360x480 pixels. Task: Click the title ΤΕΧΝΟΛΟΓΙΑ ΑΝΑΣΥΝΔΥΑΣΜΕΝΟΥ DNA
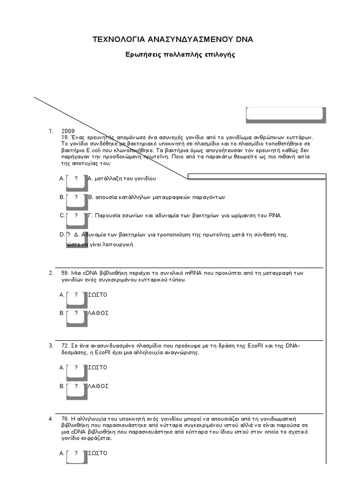tap(173, 39)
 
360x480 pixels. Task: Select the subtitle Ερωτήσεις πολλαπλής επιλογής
tap(180, 55)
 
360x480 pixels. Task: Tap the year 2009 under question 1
tap(68, 131)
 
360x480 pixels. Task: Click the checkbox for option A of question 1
tap(76, 180)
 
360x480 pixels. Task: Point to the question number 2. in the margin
tap(51, 272)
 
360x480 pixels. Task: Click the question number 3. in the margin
tap(51, 345)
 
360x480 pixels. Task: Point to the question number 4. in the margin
tap(51, 418)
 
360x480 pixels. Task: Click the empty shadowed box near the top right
tap(285, 114)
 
